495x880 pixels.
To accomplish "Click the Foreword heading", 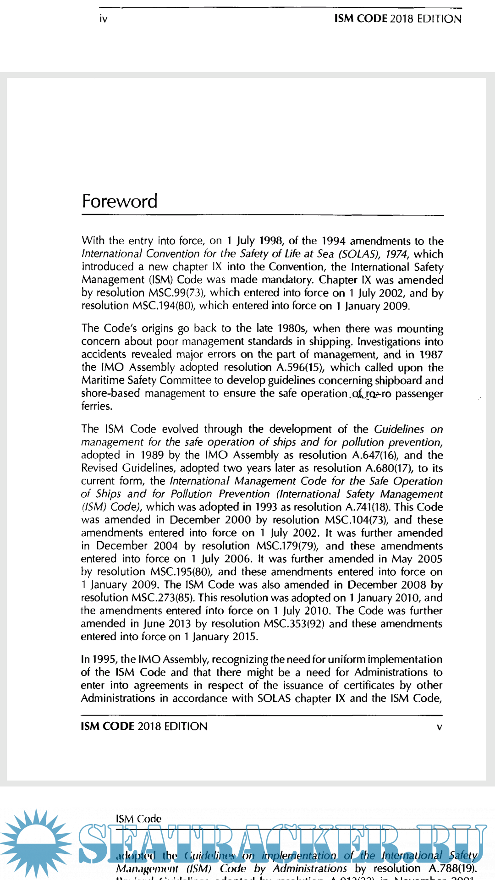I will (120, 201).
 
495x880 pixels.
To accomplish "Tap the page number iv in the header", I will (104, 19).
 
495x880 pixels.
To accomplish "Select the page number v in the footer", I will (439, 727).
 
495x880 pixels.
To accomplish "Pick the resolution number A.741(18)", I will (365, 507).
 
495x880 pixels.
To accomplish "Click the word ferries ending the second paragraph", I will (96, 406).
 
